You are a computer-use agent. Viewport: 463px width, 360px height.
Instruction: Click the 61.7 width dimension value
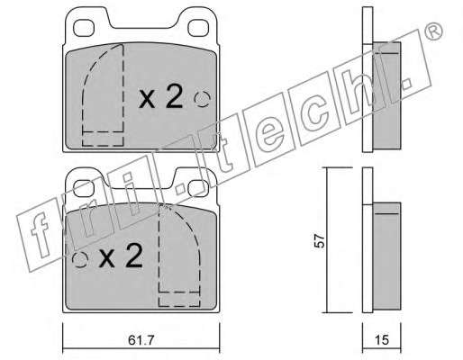click(x=141, y=340)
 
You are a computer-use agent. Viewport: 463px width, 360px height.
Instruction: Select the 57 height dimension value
click(x=320, y=240)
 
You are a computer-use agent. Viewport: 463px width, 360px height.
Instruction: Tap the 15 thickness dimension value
click(x=382, y=340)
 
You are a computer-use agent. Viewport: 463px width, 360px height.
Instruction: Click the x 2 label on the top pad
click(x=160, y=96)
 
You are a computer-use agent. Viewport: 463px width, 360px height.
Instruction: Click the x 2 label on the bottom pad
click(x=121, y=256)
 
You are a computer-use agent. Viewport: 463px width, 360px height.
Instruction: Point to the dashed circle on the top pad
click(x=202, y=99)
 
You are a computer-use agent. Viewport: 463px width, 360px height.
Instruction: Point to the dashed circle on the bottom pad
click(x=80, y=259)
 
